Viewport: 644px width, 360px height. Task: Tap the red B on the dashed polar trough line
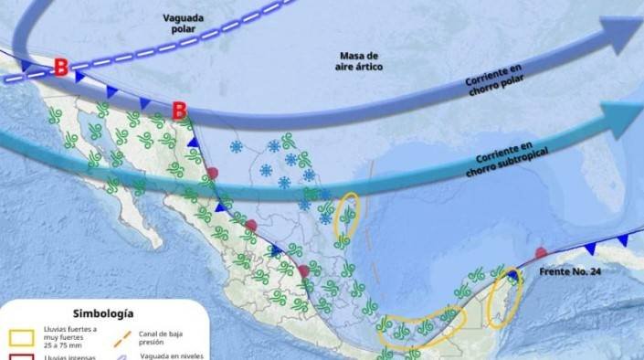60,67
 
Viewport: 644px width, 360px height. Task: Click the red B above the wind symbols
180,110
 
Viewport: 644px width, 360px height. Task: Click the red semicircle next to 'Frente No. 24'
541,251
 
